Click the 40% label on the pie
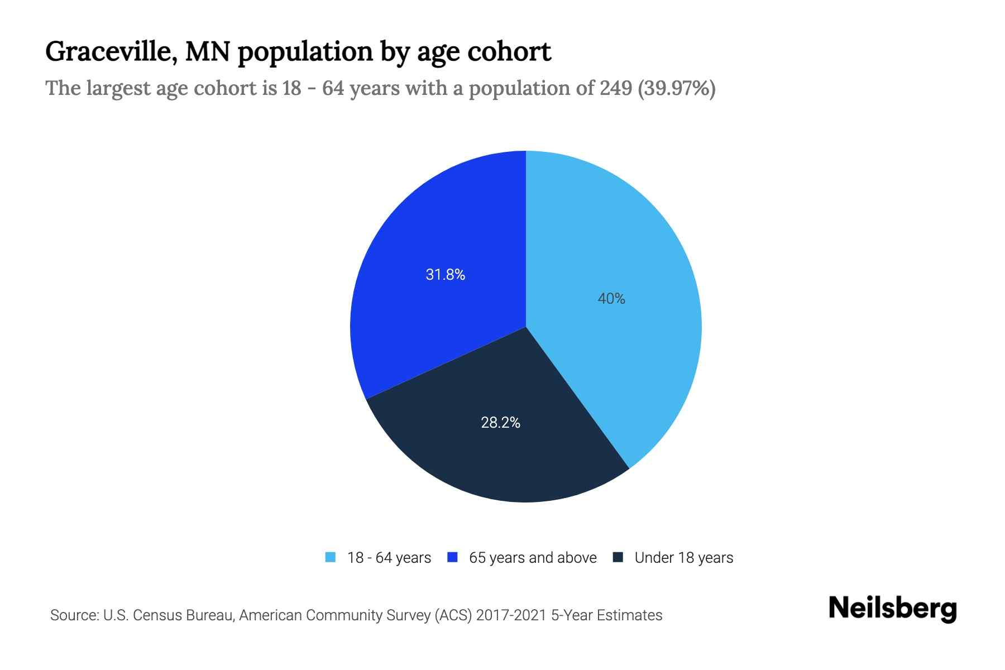tap(611, 299)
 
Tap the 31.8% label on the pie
tap(445, 274)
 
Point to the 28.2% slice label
tap(500, 423)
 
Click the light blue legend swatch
tap(331, 557)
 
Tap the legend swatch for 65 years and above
tap(453, 557)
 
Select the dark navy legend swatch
tap(618, 557)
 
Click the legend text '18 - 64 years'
tap(389, 558)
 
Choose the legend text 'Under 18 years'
tap(684, 558)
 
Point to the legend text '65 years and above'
tap(533, 558)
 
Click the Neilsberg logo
tap(892, 609)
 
